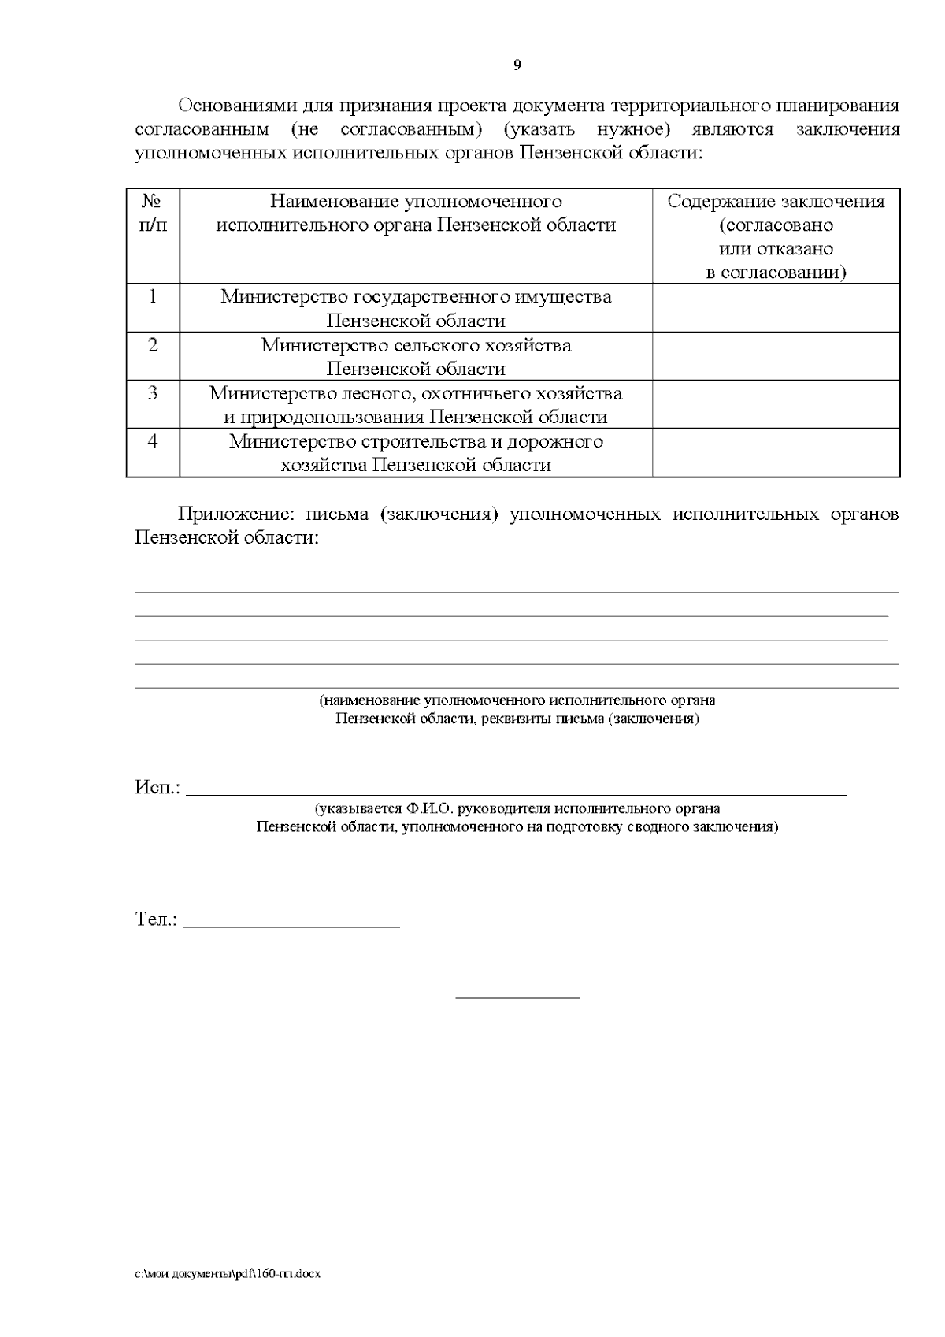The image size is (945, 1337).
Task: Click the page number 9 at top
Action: point(517,65)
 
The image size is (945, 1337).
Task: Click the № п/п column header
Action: point(153,213)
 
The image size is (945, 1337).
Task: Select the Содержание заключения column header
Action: point(776,236)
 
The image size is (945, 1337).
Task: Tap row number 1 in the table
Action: point(153,296)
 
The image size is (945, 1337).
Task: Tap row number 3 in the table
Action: point(153,392)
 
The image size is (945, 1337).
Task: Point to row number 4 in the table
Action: point(153,440)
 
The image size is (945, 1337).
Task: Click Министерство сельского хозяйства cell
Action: point(416,356)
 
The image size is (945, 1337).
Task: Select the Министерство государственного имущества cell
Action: point(416,308)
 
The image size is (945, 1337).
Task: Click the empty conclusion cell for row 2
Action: point(776,356)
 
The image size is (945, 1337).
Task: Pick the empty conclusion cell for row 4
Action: point(776,452)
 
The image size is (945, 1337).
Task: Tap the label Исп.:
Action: point(157,788)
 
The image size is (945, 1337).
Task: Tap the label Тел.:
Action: point(156,919)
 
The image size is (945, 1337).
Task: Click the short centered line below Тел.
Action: point(517,998)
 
